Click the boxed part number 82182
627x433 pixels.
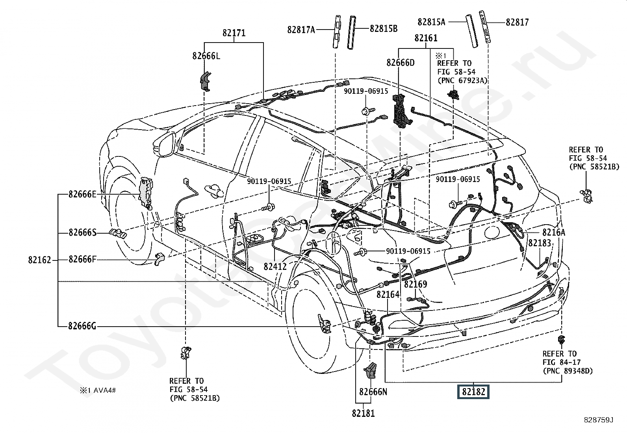pos(473,392)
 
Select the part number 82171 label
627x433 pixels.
pos(234,33)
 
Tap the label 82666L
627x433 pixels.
pos(206,56)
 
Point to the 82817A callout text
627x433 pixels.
pos(301,30)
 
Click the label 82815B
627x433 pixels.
pos(384,29)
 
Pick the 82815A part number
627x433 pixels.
pos(431,22)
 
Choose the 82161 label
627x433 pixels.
pos(426,38)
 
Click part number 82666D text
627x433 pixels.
pos(400,63)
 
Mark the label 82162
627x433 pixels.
pos(40,260)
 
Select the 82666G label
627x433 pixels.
pos(82,326)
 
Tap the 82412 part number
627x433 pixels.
pos(275,266)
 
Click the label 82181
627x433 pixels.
pos(363,413)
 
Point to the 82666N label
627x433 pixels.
pos(373,392)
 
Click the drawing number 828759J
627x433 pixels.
pos(599,420)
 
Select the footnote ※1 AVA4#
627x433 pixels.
pos(98,390)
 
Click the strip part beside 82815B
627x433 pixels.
pos(351,32)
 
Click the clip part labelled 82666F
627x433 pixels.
pos(160,258)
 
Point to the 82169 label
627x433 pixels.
pos(416,284)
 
